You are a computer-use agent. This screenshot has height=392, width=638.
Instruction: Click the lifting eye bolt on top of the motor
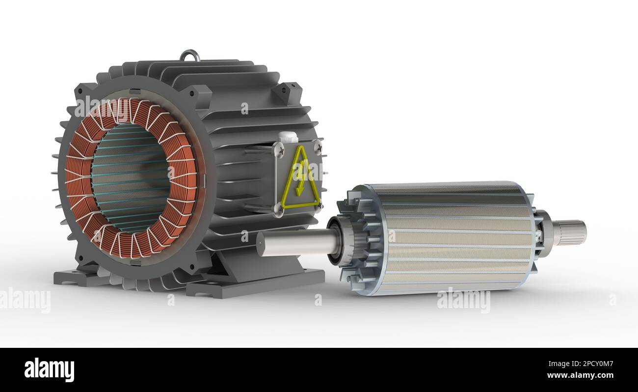pos(190,55)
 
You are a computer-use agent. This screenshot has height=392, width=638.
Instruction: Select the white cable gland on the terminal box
pos(288,138)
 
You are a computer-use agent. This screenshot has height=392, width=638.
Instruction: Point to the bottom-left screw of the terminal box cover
pos(279,209)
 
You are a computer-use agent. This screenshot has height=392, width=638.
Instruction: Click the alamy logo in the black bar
pos(49,369)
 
